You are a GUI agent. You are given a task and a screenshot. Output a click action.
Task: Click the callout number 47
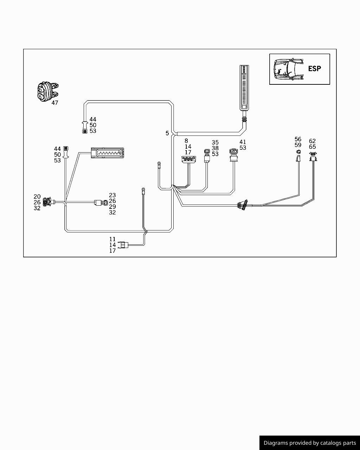pos(54,103)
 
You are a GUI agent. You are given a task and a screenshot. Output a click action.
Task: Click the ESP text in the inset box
pos(314,69)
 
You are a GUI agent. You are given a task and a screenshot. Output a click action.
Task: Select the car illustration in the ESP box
pos(288,69)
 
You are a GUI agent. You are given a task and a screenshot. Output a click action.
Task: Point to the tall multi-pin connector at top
pos(244,88)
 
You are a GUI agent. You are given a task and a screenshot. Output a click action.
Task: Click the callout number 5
pos(167,133)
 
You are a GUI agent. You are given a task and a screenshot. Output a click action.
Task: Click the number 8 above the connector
pos(186,141)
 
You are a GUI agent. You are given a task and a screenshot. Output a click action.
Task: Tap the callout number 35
pos(215,142)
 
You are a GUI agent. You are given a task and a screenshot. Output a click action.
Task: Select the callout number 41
pos(243,142)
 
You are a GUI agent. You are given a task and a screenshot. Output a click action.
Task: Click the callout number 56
pos(298,139)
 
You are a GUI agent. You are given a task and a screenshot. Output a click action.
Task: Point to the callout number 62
pos(312,141)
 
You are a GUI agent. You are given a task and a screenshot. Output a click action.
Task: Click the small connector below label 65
pos(313,156)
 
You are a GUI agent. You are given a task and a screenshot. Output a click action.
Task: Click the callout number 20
pos(37,197)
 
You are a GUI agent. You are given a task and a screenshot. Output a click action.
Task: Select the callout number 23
pos(112,195)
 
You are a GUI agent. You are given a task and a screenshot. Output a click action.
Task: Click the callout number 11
pos(112,239)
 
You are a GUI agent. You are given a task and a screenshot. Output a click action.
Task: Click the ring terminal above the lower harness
pos(143,191)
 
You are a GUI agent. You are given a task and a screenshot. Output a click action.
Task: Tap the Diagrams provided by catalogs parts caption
pos(310,443)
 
